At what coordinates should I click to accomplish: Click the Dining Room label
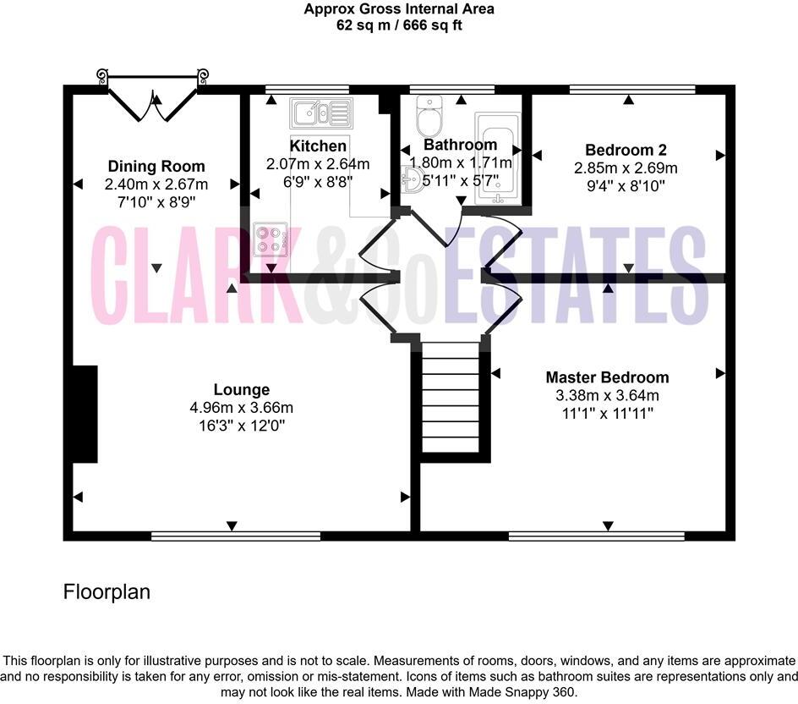(x=156, y=167)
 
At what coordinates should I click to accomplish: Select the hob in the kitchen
(x=271, y=239)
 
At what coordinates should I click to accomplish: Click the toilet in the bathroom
(x=429, y=116)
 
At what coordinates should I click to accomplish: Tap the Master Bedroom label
(x=607, y=377)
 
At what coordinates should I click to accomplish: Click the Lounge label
(x=242, y=390)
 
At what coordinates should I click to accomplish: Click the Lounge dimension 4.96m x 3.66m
(x=242, y=408)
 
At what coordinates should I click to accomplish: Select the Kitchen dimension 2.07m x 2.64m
(x=318, y=163)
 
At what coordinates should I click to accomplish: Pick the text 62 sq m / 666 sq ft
(x=399, y=25)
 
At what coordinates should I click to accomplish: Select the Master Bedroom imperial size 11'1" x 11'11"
(x=606, y=413)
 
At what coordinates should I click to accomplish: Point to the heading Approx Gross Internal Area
(x=399, y=9)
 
